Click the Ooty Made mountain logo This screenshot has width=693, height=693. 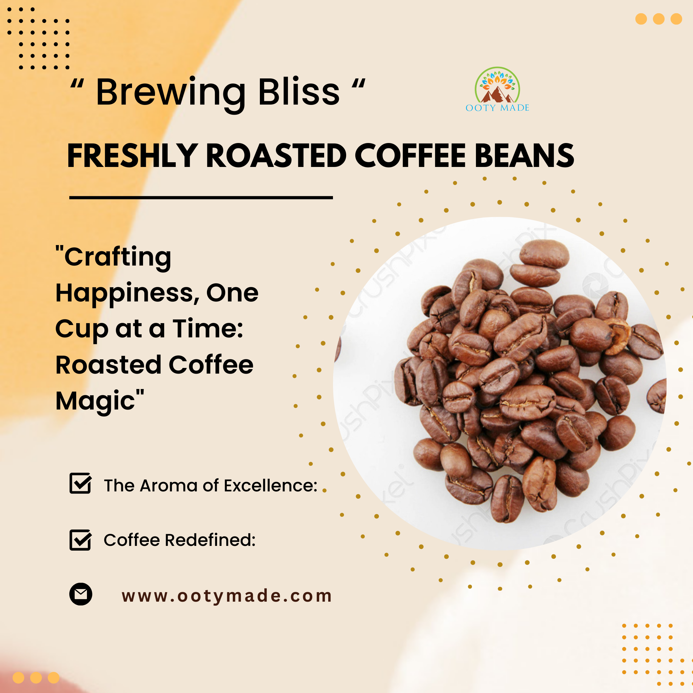(x=497, y=85)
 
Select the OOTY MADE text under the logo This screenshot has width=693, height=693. (x=497, y=108)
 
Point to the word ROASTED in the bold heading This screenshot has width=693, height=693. (x=276, y=156)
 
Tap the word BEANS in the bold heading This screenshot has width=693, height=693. (x=524, y=156)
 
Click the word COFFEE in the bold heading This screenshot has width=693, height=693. (x=410, y=156)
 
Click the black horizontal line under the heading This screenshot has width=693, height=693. (x=201, y=198)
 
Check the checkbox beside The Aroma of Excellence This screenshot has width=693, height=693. (x=80, y=484)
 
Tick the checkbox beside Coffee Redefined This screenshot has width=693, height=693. (x=80, y=540)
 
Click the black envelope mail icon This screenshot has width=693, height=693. (x=81, y=594)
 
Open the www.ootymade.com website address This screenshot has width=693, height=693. (x=227, y=596)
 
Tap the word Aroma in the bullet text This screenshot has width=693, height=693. (x=169, y=486)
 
